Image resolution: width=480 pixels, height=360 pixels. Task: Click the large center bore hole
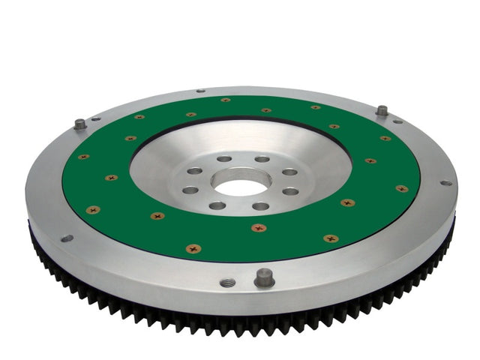[240, 182]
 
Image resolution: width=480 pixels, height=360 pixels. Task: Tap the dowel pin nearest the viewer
[263, 278]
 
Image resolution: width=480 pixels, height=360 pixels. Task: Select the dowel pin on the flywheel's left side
[80, 124]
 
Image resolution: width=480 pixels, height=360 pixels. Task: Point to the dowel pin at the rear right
[382, 110]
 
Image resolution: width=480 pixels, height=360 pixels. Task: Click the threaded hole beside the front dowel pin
[227, 283]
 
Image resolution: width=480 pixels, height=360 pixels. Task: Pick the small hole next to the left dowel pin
[95, 118]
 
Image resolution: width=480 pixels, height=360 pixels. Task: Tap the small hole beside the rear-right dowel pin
[397, 121]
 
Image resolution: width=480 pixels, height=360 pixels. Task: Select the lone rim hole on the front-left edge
[67, 238]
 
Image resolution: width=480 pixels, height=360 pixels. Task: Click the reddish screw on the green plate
[259, 227]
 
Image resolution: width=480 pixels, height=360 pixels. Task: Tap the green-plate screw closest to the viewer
[193, 248]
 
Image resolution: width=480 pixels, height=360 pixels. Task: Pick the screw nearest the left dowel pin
[139, 117]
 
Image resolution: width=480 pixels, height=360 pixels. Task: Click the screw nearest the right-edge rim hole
[402, 188]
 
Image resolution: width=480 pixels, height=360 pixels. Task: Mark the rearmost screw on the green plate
[225, 100]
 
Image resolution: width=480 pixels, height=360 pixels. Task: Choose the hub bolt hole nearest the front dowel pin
[260, 205]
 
